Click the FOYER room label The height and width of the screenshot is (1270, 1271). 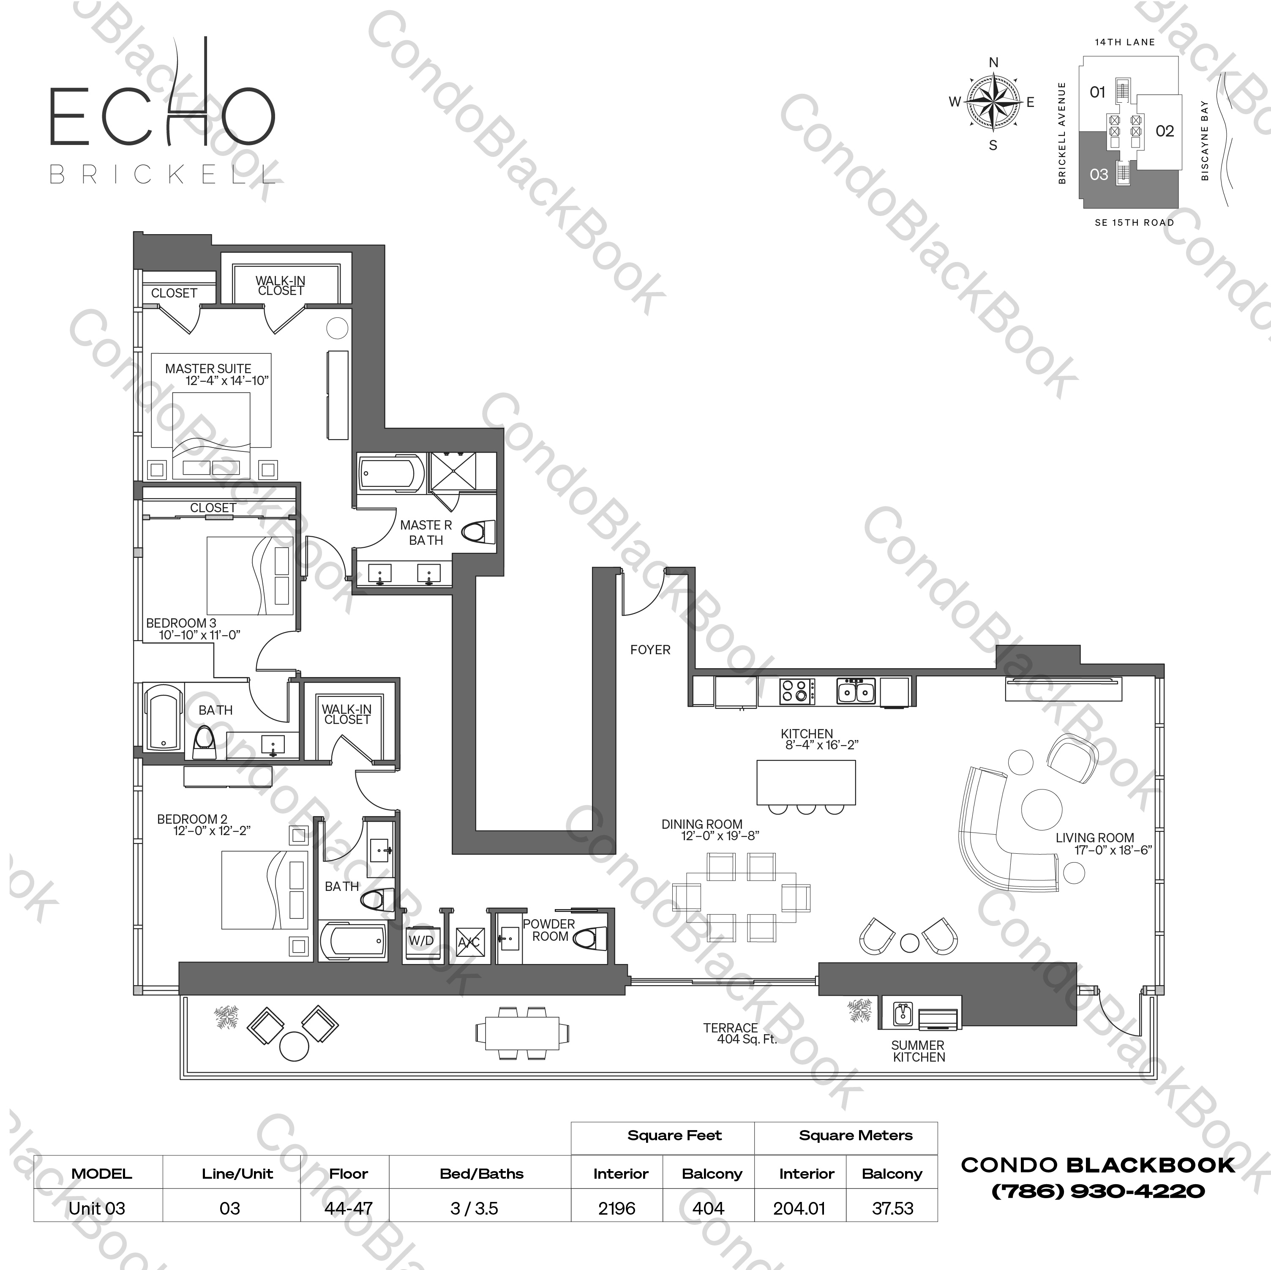pyautogui.click(x=650, y=650)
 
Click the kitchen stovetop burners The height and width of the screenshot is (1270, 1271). pyautogui.click(x=796, y=691)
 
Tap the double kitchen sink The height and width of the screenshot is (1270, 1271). pyautogui.click(x=856, y=691)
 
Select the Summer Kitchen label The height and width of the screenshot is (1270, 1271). pyautogui.click(x=918, y=1051)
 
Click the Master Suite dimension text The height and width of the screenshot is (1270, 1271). pyautogui.click(x=227, y=381)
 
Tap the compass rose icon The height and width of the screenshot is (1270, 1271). pyautogui.click(x=993, y=102)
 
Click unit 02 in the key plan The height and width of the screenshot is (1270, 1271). pyautogui.click(x=1165, y=131)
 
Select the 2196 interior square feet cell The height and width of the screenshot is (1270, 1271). pyautogui.click(x=617, y=1208)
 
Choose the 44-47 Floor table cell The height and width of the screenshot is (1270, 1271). pyautogui.click(x=349, y=1208)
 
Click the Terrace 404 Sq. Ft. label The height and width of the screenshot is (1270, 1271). pyautogui.click(x=740, y=1033)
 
